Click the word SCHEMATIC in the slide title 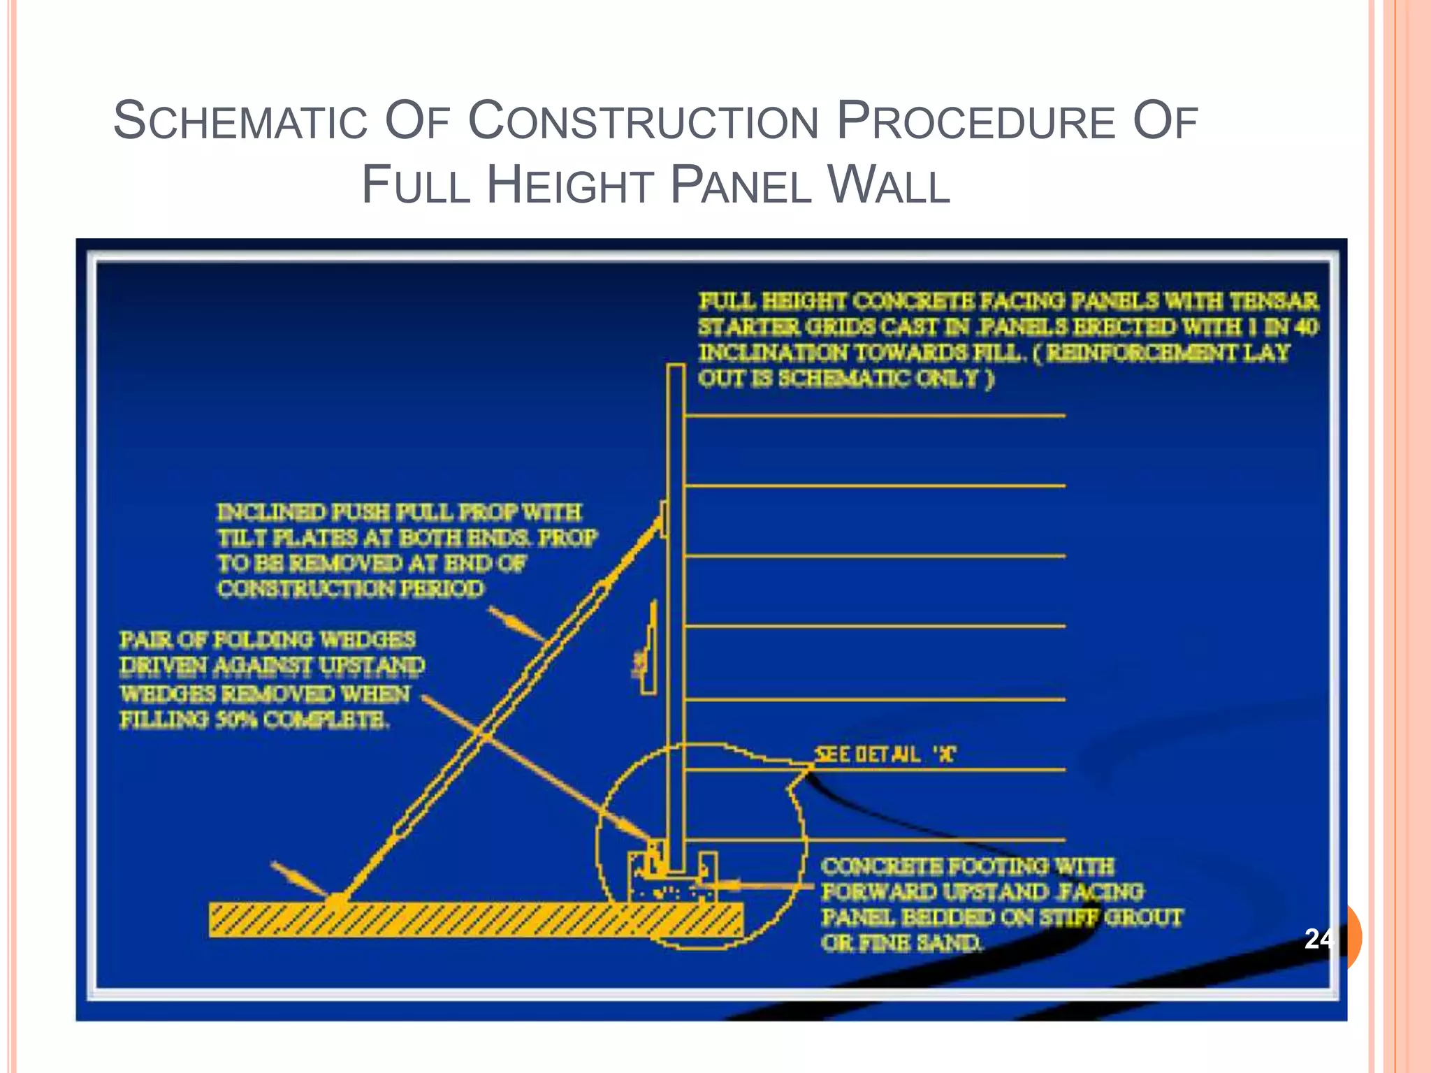(x=240, y=121)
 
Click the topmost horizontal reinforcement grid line (x=873, y=416)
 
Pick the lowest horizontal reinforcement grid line (x=873, y=840)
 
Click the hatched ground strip (x=475, y=919)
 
